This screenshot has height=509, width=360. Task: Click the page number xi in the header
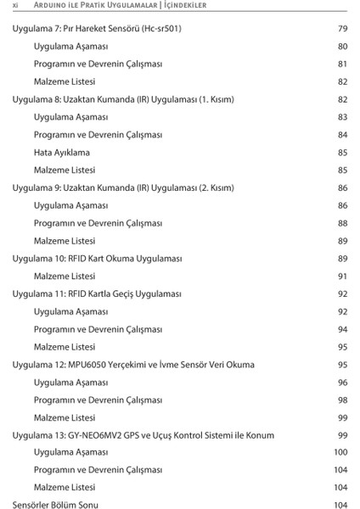(15, 6)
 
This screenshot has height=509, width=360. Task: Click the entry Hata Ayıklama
(61, 153)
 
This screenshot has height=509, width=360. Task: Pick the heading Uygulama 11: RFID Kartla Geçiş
(97, 294)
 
